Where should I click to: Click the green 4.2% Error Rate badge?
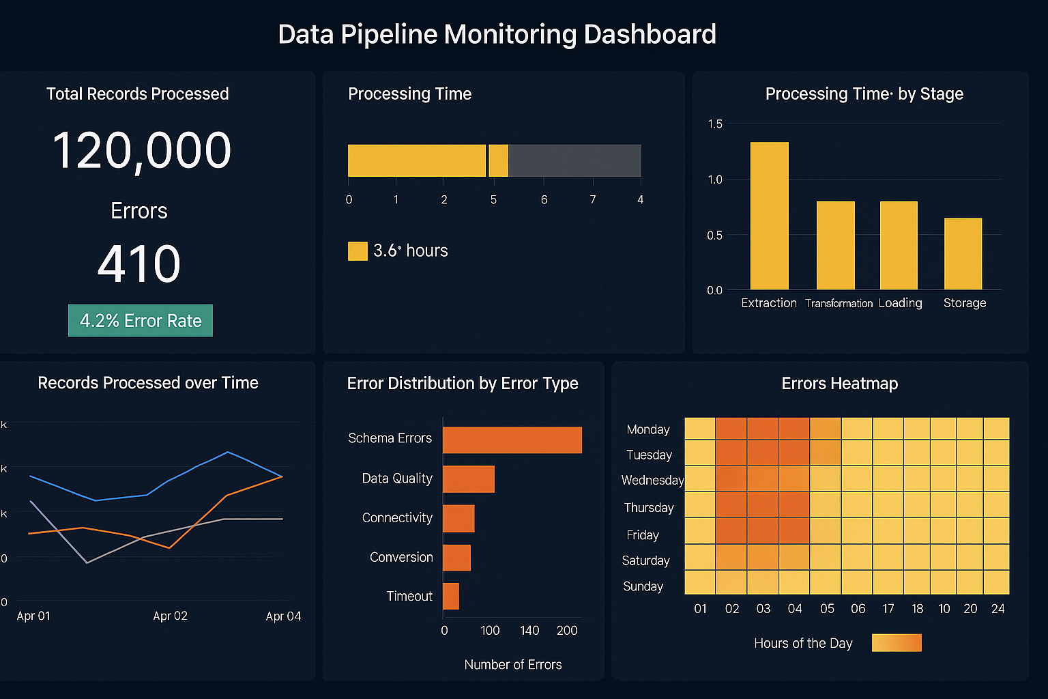(141, 321)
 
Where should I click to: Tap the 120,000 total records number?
(142, 151)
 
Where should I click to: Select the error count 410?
(139, 264)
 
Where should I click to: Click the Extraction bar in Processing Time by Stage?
(769, 216)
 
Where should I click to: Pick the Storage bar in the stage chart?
(963, 254)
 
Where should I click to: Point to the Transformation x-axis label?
(839, 303)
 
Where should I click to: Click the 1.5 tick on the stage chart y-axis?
(715, 124)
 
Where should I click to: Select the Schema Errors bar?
(512, 440)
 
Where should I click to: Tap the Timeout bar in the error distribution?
(451, 596)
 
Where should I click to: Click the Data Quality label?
(397, 479)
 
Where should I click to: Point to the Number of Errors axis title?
(513, 664)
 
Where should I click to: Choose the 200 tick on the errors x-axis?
(567, 631)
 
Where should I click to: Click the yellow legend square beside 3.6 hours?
(358, 251)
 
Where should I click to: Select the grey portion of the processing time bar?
(574, 161)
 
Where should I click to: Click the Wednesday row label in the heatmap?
(652, 481)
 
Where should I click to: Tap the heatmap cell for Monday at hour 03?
(763, 429)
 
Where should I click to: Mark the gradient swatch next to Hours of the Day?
(897, 643)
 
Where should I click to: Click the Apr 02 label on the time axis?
(170, 616)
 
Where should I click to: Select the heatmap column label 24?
(998, 609)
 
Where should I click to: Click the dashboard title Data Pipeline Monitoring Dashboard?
(497, 34)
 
